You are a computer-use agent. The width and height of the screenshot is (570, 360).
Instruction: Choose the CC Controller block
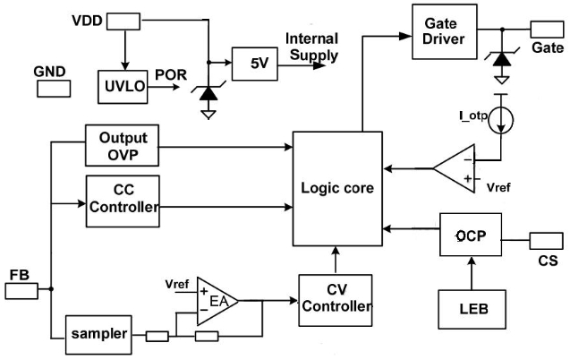(x=122, y=200)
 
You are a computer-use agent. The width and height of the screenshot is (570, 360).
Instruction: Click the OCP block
(x=469, y=236)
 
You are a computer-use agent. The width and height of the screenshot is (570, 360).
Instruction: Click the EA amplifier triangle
(x=216, y=298)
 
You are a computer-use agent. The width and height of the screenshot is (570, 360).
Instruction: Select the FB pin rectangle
(x=21, y=290)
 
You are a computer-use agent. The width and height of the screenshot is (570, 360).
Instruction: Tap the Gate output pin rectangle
(x=547, y=28)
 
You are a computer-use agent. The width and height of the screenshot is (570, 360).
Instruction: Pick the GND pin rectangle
(x=50, y=89)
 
